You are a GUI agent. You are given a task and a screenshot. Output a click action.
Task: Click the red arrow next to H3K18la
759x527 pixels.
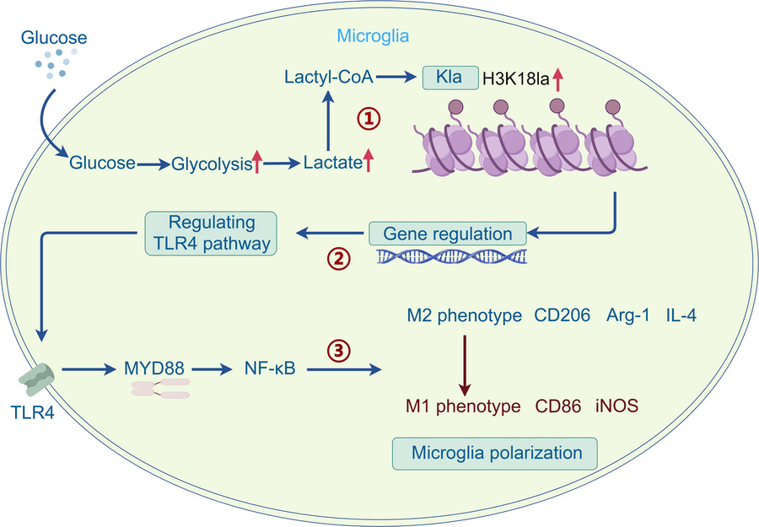(x=557, y=78)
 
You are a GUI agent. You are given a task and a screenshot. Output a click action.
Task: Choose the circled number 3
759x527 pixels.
(x=338, y=348)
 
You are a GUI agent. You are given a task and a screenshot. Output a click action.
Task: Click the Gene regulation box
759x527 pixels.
(x=446, y=233)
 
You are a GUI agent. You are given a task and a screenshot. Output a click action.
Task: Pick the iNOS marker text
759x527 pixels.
(x=617, y=406)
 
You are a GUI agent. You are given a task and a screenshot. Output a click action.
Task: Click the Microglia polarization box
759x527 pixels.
(x=497, y=453)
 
